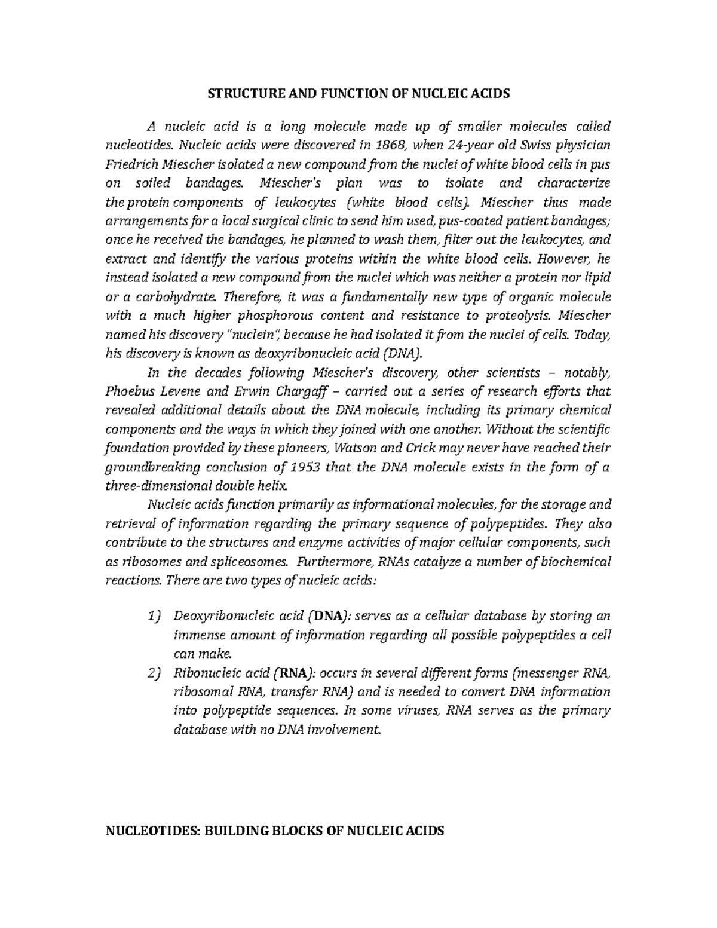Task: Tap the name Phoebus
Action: [x=129, y=392]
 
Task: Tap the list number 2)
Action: [x=154, y=674]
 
